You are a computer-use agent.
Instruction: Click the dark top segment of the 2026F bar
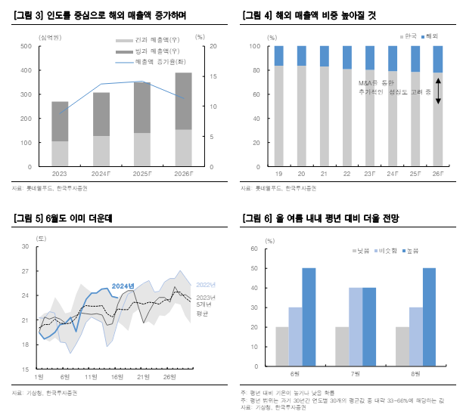click(x=183, y=101)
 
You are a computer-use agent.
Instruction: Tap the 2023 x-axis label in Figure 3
click(x=60, y=173)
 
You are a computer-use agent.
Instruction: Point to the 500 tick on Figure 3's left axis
click(x=26, y=47)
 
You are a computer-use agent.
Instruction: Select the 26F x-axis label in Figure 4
click(x=437, y=173)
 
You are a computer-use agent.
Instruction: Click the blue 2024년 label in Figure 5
click(x=123, y=285)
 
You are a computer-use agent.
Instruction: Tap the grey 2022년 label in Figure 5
click(x=206, y=284)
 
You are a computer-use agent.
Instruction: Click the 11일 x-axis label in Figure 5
click(x=91, y=376)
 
